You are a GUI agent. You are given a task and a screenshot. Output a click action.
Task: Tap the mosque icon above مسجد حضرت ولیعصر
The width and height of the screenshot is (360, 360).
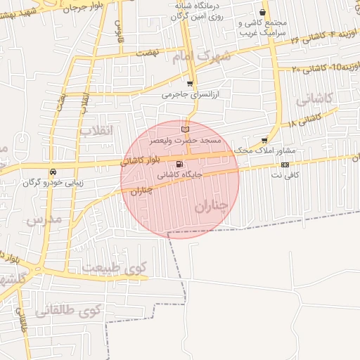(185, 129)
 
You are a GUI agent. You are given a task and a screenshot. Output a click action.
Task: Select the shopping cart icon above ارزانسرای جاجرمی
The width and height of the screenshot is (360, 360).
(189, 84)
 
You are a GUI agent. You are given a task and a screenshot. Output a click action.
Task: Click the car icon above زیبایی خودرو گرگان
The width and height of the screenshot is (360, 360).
(53, 172)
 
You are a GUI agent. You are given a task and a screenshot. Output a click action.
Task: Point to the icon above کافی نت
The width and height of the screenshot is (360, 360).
(285, 165)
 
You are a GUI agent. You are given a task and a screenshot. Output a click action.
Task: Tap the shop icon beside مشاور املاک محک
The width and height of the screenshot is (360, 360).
(264, 141)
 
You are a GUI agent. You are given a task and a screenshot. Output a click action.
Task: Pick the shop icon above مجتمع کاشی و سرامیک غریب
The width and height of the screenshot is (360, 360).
(263, 13)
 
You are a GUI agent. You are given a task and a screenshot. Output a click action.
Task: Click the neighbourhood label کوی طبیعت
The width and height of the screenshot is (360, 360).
(114, 267)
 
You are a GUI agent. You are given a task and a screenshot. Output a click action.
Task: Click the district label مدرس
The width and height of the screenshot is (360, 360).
(44, 220)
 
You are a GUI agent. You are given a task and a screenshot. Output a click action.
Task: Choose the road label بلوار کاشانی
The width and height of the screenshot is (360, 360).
(141, 160)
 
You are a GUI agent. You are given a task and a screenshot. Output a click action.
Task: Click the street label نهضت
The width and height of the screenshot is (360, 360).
(148, 53)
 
